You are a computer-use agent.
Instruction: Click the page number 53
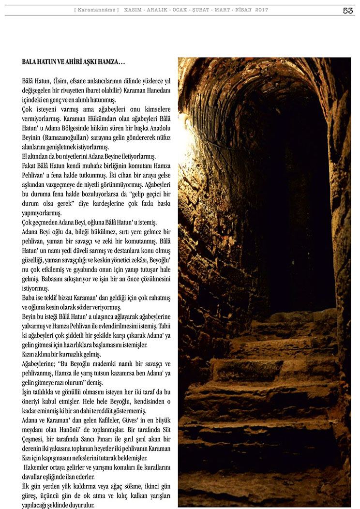(347, 10)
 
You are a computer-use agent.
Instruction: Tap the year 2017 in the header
(261, 10)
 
